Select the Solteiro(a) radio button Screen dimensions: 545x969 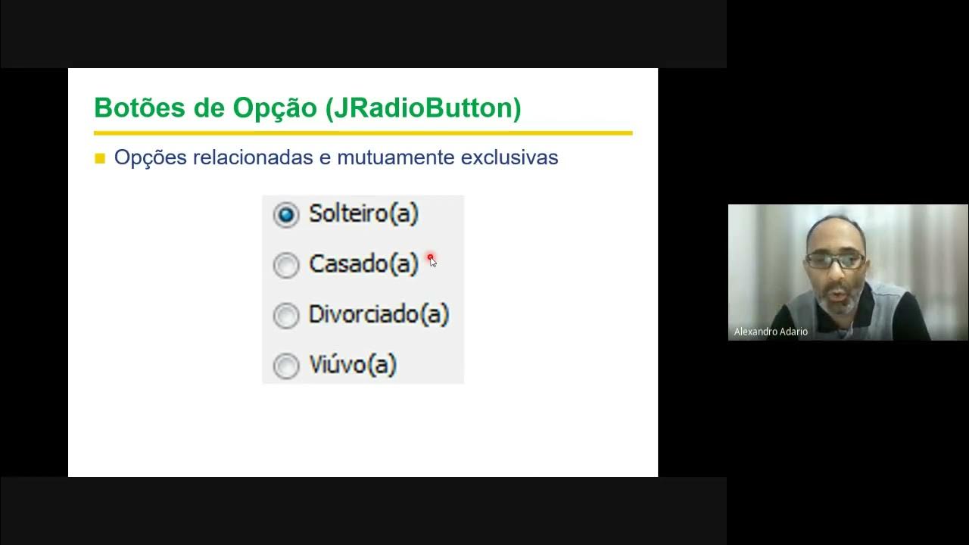286,215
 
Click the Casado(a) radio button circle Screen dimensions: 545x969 286,266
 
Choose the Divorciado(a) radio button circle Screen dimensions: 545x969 286,316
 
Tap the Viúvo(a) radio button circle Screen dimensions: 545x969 286,366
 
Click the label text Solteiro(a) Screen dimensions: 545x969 363,214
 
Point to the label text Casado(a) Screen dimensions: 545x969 363,264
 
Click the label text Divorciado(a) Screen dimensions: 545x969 379,314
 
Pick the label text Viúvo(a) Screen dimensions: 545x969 353,365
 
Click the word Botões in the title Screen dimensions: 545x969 139,108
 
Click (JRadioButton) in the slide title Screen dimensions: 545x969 423,109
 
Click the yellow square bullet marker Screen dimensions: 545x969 100,159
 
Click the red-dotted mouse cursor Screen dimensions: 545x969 431,260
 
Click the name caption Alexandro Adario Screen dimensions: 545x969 771,332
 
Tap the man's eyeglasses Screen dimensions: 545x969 835,261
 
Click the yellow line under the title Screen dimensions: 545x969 363,133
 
